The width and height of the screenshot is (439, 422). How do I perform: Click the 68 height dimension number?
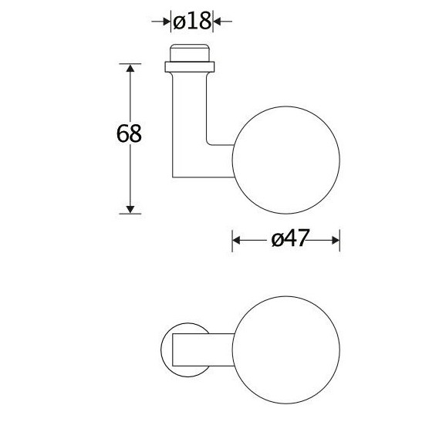(129, 134)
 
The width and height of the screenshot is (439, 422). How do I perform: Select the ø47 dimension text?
(285, 240)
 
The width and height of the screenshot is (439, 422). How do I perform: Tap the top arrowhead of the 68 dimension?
(130, 70)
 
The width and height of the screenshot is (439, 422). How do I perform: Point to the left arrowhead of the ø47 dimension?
(238, 240)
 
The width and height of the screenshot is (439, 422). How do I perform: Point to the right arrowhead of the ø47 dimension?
(335, 240)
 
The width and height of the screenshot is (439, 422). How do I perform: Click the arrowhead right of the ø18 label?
(217, 22)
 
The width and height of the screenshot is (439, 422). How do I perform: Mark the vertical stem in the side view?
(190, 116)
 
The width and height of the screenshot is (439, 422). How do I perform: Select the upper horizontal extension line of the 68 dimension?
(136, 64)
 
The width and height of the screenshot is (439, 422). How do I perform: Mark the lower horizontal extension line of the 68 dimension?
(136, 213)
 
